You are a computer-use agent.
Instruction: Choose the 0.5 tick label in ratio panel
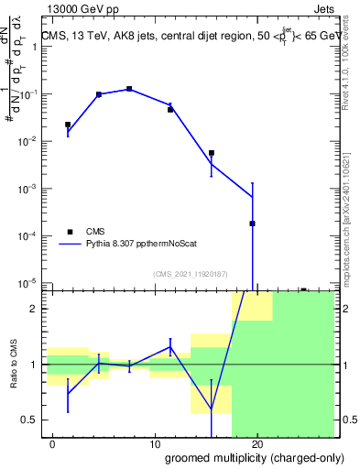coord(29,420)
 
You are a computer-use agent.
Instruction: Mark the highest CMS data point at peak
coord(129,89)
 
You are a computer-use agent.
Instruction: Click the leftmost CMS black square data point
coord(68,125)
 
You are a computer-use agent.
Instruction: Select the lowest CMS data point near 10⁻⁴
coord(252,224)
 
